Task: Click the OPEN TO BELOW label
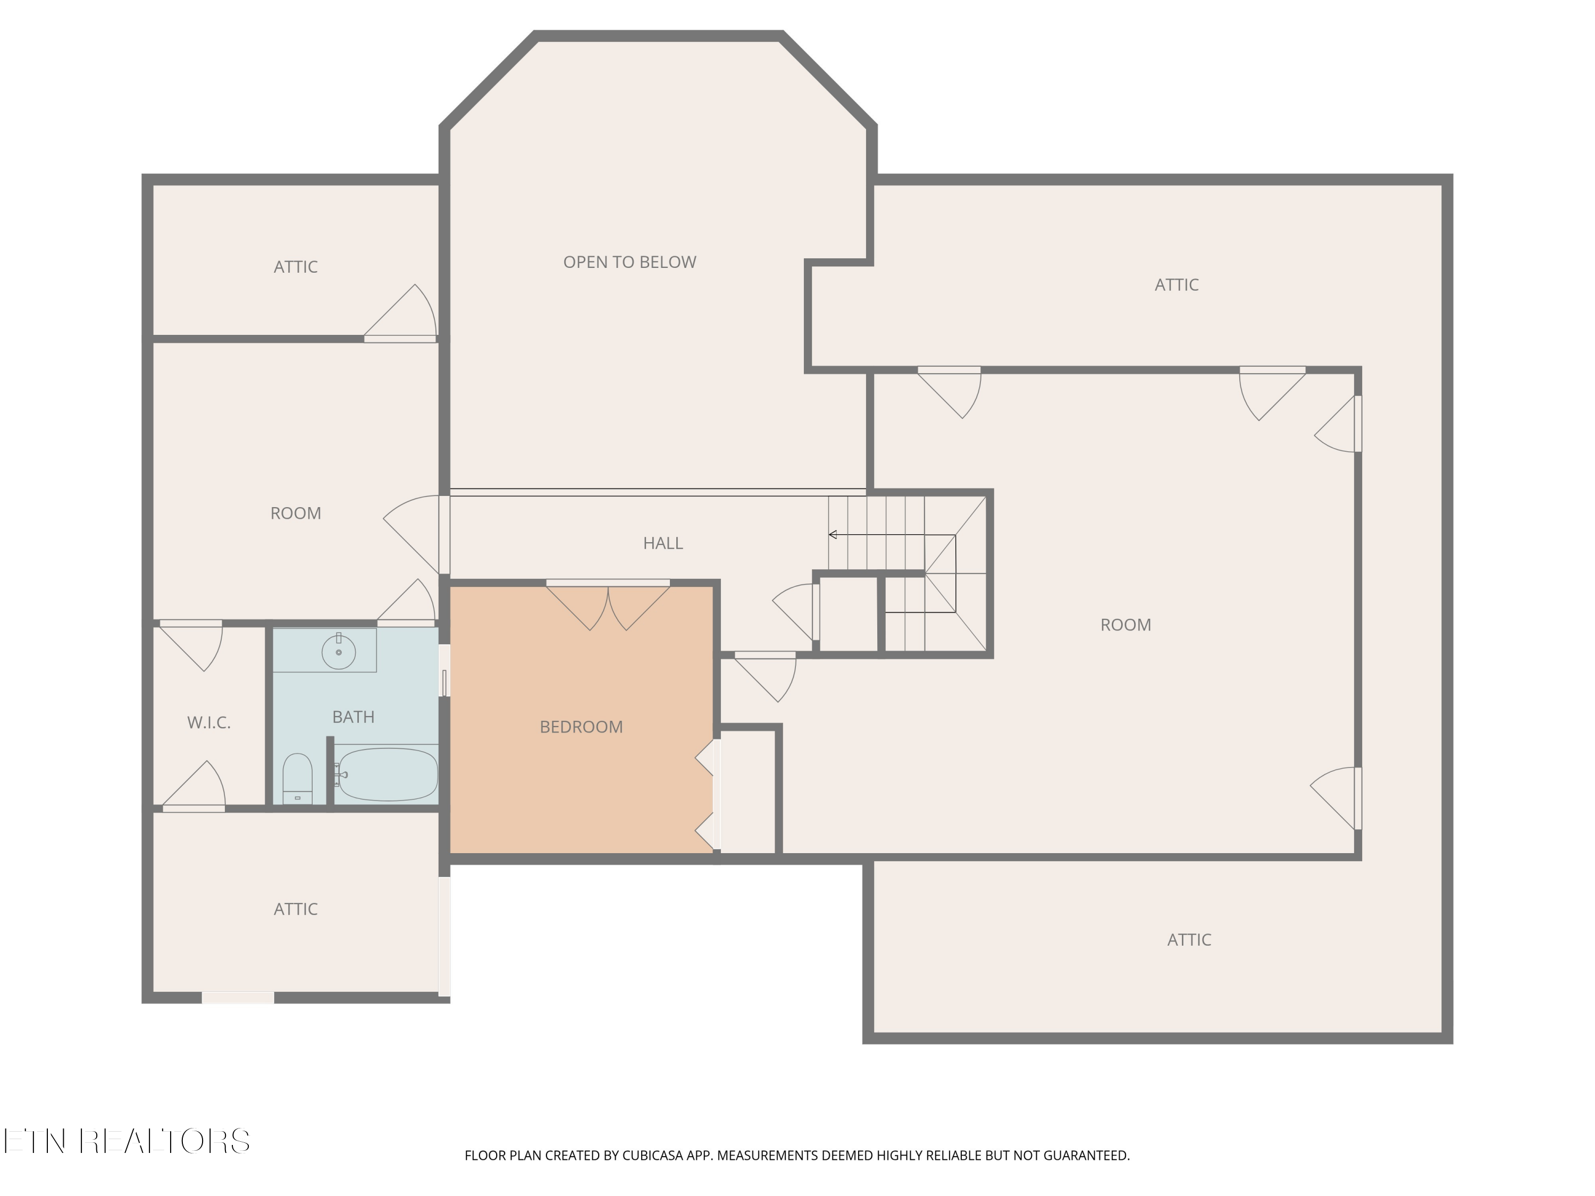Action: [629, 263]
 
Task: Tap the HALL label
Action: [662, 544]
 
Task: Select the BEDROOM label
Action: [581, 727]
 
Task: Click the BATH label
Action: [354, 717]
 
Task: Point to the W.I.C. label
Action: [209, 723]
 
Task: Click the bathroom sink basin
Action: [338, 652]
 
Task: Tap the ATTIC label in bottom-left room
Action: [296, 909]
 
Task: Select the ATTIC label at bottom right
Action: [1189, 940]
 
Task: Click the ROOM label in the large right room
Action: [1126, 625]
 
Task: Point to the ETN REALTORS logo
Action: [128, 1141]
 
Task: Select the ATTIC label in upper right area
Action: [1176, 285]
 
